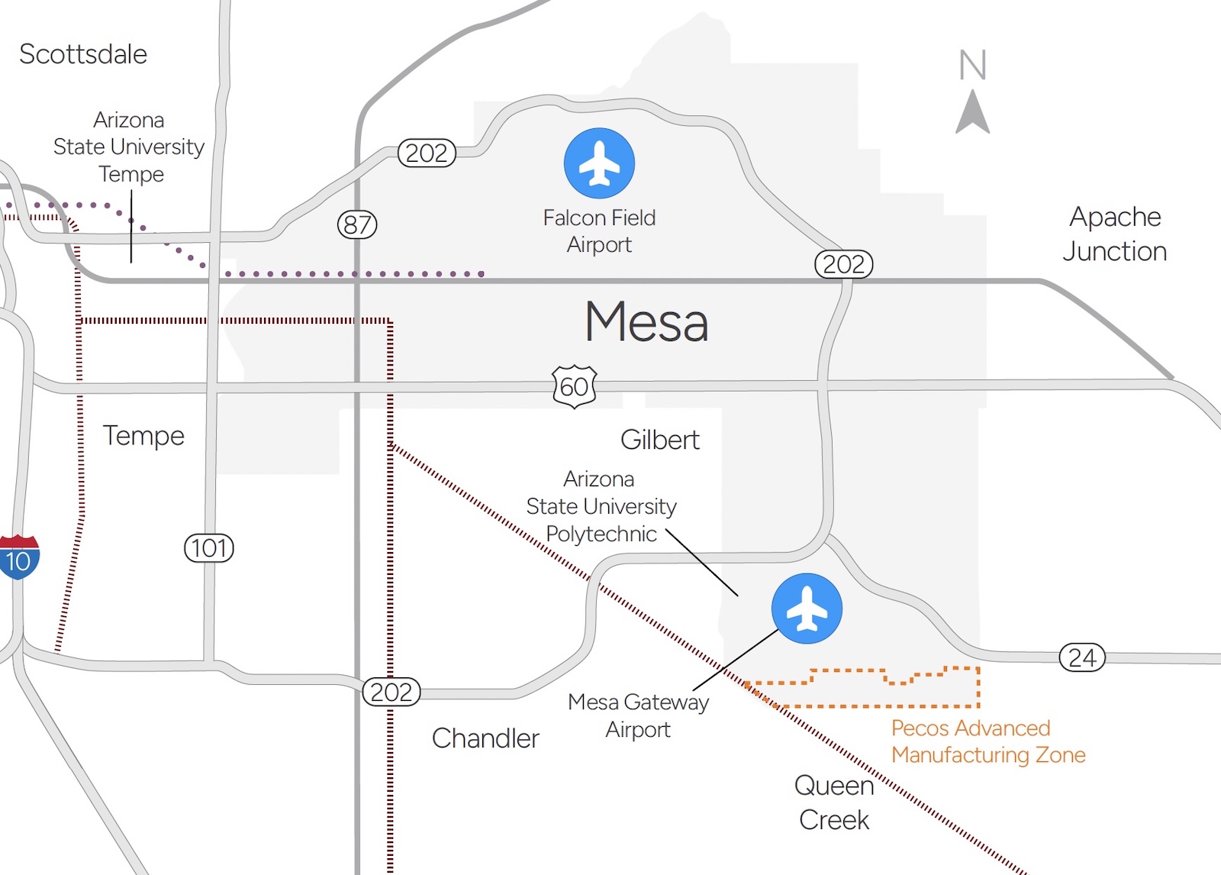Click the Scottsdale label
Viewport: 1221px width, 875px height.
83,54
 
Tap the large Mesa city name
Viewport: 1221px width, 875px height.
646,321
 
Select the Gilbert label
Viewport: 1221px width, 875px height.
660,440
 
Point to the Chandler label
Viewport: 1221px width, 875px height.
485,738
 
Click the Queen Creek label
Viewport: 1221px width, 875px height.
834,802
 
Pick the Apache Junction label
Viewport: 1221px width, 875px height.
1115,234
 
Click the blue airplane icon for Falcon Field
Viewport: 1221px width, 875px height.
599,163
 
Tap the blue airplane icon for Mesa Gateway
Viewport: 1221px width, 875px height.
807,609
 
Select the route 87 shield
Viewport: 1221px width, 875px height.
357,224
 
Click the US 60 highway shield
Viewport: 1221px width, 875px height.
574,386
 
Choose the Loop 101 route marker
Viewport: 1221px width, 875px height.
209,547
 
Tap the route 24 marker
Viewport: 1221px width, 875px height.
1082,657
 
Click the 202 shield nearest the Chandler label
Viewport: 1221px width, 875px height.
391,692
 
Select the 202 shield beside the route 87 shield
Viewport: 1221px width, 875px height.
427,153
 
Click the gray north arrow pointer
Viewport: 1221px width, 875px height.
973,113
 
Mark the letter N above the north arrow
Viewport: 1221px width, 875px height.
973,65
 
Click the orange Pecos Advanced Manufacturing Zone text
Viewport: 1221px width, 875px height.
987,741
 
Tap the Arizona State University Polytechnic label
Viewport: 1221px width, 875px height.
601,506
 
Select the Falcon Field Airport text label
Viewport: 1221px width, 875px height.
599,231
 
